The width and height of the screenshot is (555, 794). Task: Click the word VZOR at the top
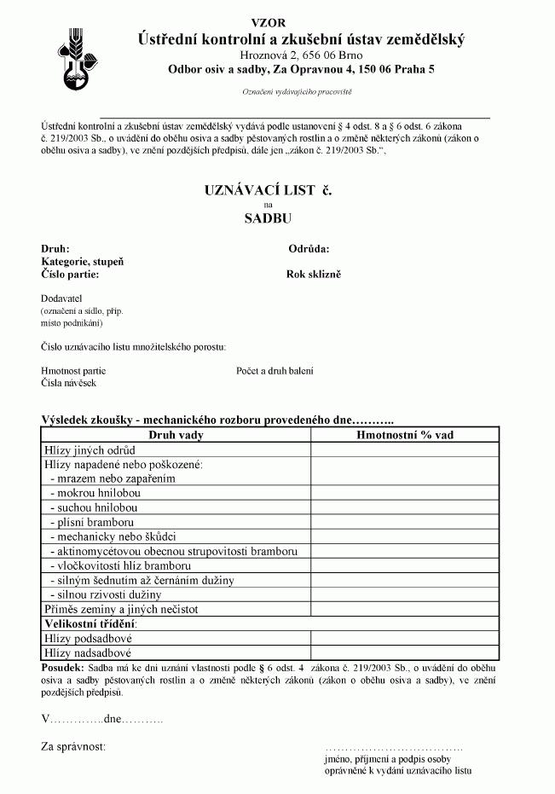point(269,22)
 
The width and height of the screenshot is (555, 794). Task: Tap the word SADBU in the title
point(268,217)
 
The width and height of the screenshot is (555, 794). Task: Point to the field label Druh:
point(55,249)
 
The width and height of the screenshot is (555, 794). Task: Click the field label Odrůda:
point(309,249)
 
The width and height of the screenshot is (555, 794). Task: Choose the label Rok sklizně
point(313,275)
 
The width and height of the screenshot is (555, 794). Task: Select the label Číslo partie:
point(70,275)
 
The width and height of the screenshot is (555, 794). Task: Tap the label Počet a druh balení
point(275,371)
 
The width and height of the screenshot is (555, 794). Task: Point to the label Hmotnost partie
point(73,371)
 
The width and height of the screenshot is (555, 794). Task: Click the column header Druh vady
point(176,435)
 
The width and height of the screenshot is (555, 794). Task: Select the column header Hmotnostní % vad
point(404,435)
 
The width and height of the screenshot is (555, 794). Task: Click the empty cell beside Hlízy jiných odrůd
point(404,449)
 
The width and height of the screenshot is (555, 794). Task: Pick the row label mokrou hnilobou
point(95,493)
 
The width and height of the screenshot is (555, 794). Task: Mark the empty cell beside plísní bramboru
point(404,521)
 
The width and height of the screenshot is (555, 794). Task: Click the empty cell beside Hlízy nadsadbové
point(404,652)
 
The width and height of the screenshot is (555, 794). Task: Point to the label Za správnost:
point(73,747)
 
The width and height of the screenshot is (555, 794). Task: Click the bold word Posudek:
point(62,668)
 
